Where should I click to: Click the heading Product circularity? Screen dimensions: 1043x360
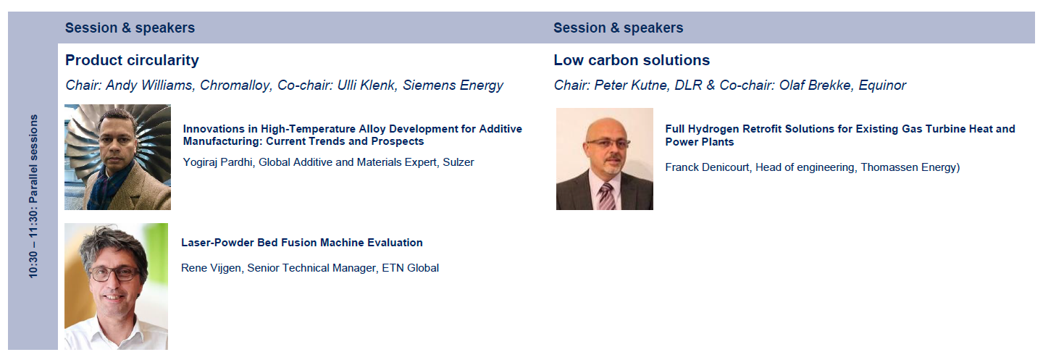click(132, 61)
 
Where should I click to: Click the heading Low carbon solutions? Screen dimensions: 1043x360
click(632, 60)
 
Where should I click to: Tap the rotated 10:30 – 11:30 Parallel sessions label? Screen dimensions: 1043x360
click(33, 196)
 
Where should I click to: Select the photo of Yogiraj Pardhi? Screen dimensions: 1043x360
click(118, 157)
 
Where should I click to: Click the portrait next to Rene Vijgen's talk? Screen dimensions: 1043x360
click(116, 286)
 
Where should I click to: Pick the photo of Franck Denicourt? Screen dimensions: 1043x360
click(604, 159)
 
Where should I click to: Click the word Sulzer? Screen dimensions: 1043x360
click(458, 162)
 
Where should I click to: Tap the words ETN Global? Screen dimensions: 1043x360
click(410, 268)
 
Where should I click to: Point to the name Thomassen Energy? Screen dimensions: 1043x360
click(908, 167)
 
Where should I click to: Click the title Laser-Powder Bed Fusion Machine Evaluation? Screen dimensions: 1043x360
click(302, 243)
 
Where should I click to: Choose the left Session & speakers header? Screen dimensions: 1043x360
click(130, 28)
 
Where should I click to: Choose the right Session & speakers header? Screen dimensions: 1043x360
click(619, 28)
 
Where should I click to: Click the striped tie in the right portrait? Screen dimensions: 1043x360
click(607, 196)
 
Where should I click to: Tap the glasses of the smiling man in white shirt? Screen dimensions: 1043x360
click(114, 273)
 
